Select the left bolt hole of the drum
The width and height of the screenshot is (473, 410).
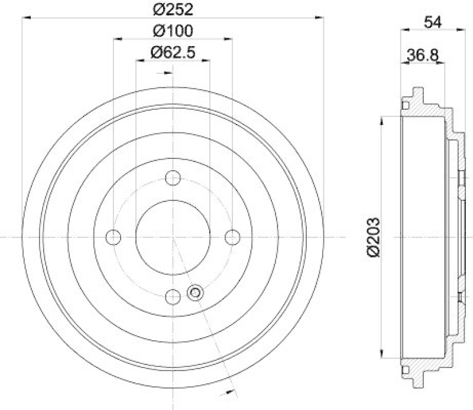click(113, 237)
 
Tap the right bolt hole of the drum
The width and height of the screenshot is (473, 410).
click(232, 237)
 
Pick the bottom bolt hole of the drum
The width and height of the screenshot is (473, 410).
click(173, 297)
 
